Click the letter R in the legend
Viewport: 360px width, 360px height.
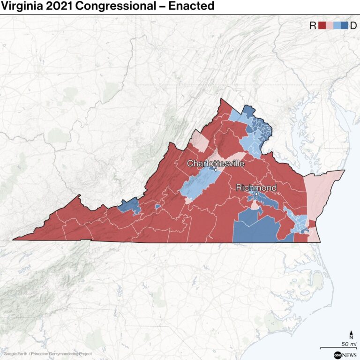coord(313,26)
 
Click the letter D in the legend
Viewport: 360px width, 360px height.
coord(353,26)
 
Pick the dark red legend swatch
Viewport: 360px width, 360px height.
coord(322,26)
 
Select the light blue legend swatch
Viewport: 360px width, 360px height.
coord(337,26)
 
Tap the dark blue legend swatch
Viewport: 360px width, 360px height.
coord(345,26)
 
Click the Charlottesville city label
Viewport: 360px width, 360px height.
coord(216,164)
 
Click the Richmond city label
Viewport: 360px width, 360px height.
coord(256,188)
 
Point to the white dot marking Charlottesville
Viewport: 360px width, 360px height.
coord(216,170)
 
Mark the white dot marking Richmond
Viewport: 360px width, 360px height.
coord(256,194)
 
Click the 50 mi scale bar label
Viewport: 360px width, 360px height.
coord(347,344)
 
